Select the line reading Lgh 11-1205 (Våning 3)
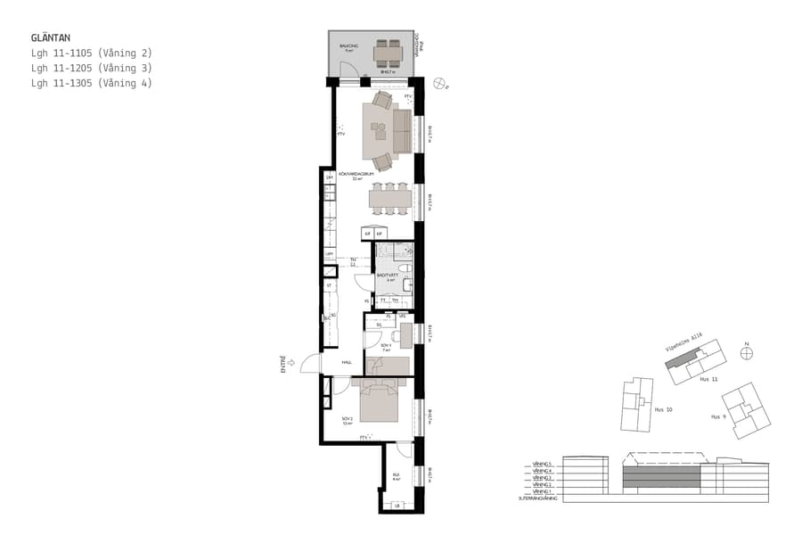point(91,69)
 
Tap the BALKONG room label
point(348,45)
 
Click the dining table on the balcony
point(388,53)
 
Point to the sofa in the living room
point(401,131)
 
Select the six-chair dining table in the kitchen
point(390,197)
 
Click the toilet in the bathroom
point(404,267)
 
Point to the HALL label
point(347,362)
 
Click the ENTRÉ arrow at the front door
point(291,364)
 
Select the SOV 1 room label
point(386,346)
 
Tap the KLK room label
point(396,477)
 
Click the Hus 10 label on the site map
point(663,411)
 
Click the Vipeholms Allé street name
point(684,343)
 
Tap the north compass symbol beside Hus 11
point(747,353)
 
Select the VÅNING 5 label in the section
point(543,465)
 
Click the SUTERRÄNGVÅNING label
point(537,498)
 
